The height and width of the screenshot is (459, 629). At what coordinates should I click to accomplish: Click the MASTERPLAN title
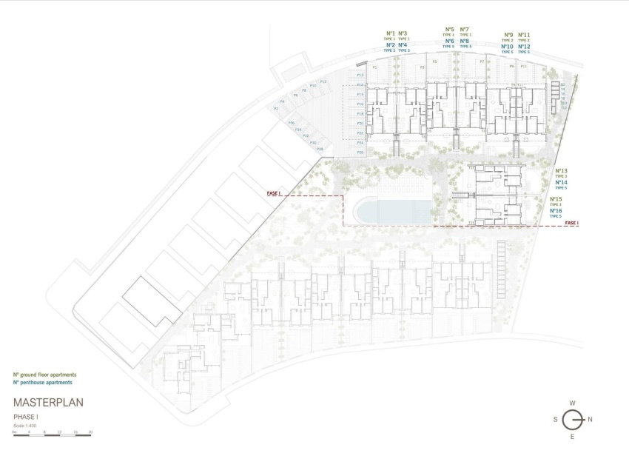click(48, 403)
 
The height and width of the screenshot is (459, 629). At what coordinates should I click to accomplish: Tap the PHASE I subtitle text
click(27, 418)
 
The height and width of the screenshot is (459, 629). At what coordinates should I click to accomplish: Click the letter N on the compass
click(590, 420)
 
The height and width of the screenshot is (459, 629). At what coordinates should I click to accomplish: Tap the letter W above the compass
click(573, 403)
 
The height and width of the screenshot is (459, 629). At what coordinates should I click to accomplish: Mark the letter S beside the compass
click(555, 420)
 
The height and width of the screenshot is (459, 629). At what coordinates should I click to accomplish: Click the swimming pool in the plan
click(391, 210)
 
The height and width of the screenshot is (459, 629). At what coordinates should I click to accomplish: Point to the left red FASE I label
click(274, 193)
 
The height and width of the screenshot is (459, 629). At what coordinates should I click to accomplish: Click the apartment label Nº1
click(390, 33)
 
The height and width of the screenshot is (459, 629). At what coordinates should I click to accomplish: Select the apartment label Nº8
click(464, 41)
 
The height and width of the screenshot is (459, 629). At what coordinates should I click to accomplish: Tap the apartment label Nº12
click(524, 47)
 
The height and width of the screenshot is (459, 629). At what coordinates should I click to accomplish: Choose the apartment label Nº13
click(560, 171)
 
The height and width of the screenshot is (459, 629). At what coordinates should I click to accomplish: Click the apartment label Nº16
click(556, 211)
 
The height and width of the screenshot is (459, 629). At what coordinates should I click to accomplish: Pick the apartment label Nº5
click(449, 30)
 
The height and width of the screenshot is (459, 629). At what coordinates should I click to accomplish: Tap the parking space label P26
click(360, 151)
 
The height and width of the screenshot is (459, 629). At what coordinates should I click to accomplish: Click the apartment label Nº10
click(507, 47)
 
